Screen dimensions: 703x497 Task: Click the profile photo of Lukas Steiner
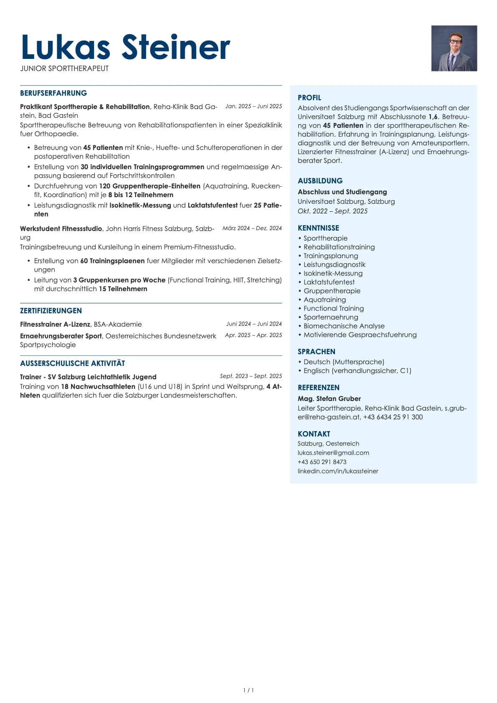[454, 48]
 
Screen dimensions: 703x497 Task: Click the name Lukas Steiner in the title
[125, 47]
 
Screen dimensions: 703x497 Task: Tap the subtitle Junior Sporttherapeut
[64, 69]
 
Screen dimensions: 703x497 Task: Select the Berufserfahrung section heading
[53, 93]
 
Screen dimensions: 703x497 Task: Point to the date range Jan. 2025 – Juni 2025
[254, 106]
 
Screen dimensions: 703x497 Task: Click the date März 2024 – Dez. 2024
[252, 228]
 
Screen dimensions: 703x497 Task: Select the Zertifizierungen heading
[51, 311]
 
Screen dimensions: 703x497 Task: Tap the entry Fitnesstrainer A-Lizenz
[55, 324]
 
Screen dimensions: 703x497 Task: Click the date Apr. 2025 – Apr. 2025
[253, 335]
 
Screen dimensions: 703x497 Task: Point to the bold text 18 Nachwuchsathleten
[98, 386]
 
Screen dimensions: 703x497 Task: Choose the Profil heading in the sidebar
[309, 98]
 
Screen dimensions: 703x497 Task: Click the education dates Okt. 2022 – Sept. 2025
[332, 211]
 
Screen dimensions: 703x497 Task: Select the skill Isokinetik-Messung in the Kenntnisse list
[333, 273]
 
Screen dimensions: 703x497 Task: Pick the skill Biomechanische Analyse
[344, 326]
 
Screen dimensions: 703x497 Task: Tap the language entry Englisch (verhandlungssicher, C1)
[357, 371]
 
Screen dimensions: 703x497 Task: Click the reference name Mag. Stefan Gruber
[329, 398]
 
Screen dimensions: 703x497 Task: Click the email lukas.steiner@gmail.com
[333, 453]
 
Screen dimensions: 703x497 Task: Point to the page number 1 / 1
[248, 690]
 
